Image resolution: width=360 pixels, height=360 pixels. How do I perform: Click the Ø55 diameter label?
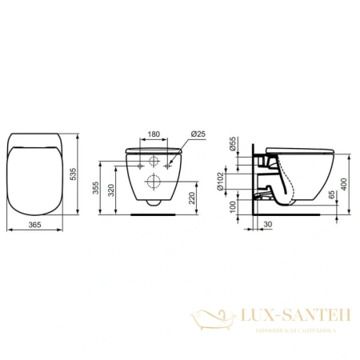pyautogui.click(x=231, y=146)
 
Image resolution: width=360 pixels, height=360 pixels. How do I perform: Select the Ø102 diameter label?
pyautogui.click(x=231, y=178)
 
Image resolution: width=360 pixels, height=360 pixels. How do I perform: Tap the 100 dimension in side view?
pyautogui.click(x=231, y=206)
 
